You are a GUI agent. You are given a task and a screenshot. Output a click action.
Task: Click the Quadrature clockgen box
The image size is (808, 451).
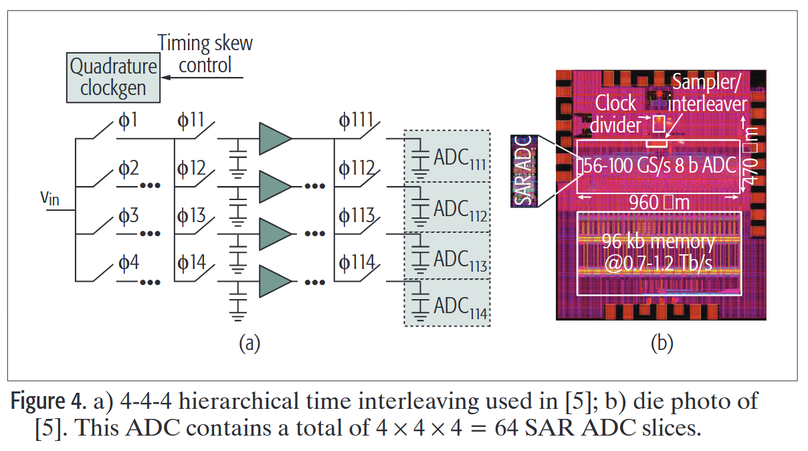point(114,78)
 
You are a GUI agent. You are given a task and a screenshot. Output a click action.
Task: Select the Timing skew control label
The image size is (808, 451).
point(205,54)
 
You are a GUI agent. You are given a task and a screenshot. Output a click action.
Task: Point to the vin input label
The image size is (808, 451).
point(49,198)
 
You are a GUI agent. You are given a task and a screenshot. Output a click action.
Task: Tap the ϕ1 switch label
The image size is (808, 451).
point(128,121)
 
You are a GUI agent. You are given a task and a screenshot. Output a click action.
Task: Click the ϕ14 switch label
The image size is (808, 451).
point(191,262)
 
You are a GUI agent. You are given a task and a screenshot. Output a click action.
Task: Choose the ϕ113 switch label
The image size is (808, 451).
point(356,215)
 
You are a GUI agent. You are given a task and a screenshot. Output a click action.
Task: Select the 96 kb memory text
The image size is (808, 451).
point(658,242)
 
